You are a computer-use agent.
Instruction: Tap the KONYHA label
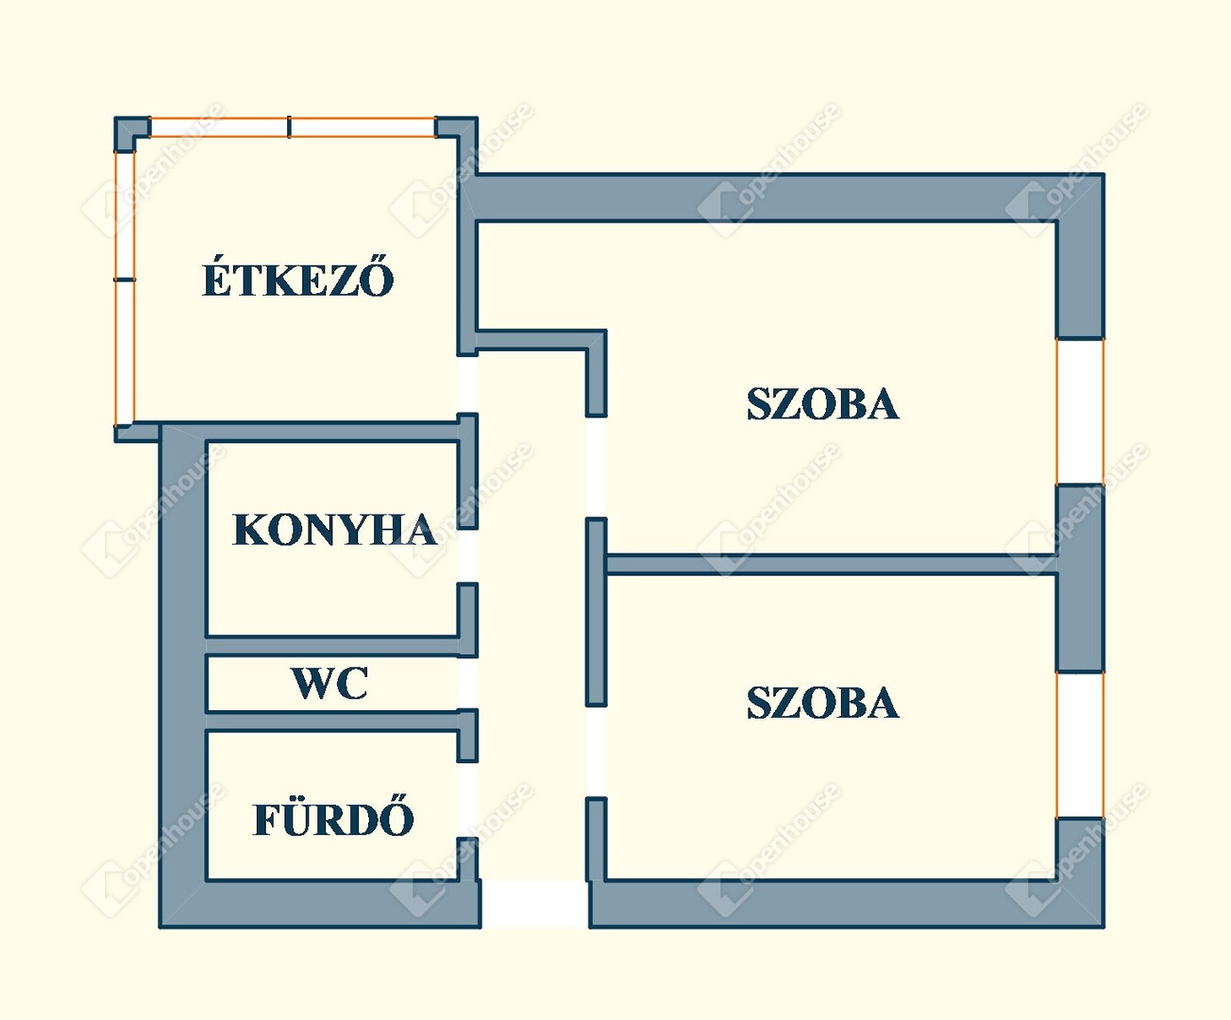coord(334,530)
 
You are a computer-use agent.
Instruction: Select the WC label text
coord(329,683)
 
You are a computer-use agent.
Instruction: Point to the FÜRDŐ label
coord(333,819)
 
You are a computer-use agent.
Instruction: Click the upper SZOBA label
coord(822,404)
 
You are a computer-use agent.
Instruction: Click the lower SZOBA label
coord(822,703)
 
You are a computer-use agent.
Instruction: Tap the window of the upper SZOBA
coord(1080,411)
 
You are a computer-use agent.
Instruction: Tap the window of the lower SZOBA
coord(1080,745)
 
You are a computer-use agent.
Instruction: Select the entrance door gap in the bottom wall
coord(535,904)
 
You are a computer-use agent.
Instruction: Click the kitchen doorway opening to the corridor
coord(467,555)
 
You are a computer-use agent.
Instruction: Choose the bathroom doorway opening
coord(467,799)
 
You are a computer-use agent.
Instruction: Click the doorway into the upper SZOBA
coord(596,467)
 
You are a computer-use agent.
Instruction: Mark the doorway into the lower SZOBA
coord(596,751)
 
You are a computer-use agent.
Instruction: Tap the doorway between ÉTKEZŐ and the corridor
coord(467,384)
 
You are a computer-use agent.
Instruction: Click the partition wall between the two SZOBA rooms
coord(831,565)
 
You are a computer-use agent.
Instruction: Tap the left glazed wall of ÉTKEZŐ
coord(125,280)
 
